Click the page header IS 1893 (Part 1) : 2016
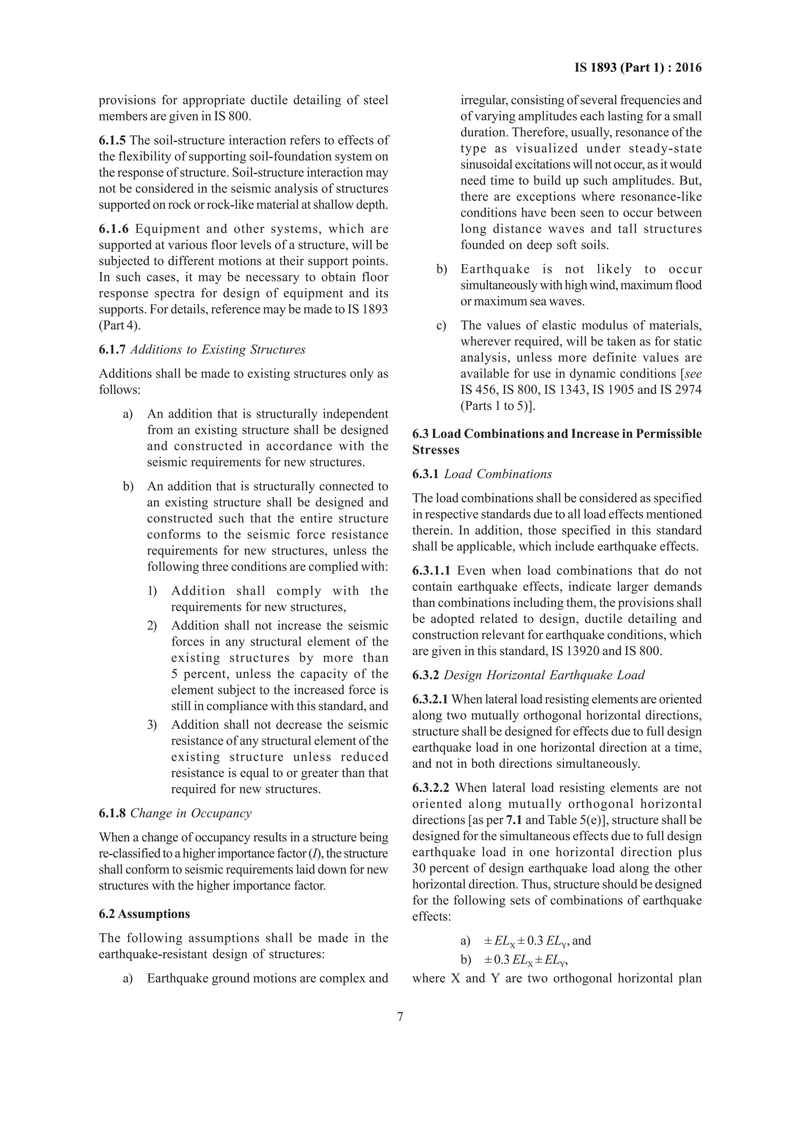[x=638, y=68]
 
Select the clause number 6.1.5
[x=112, y=140]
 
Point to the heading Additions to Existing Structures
[x=217, y=349]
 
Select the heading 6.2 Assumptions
[x=144, y=914]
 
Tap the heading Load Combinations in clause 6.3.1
[x=498, y=474]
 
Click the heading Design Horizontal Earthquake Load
[x=544, y=675]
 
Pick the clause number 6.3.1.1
[x=432, y=571]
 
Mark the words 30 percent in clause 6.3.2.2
[x=441, y=868]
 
